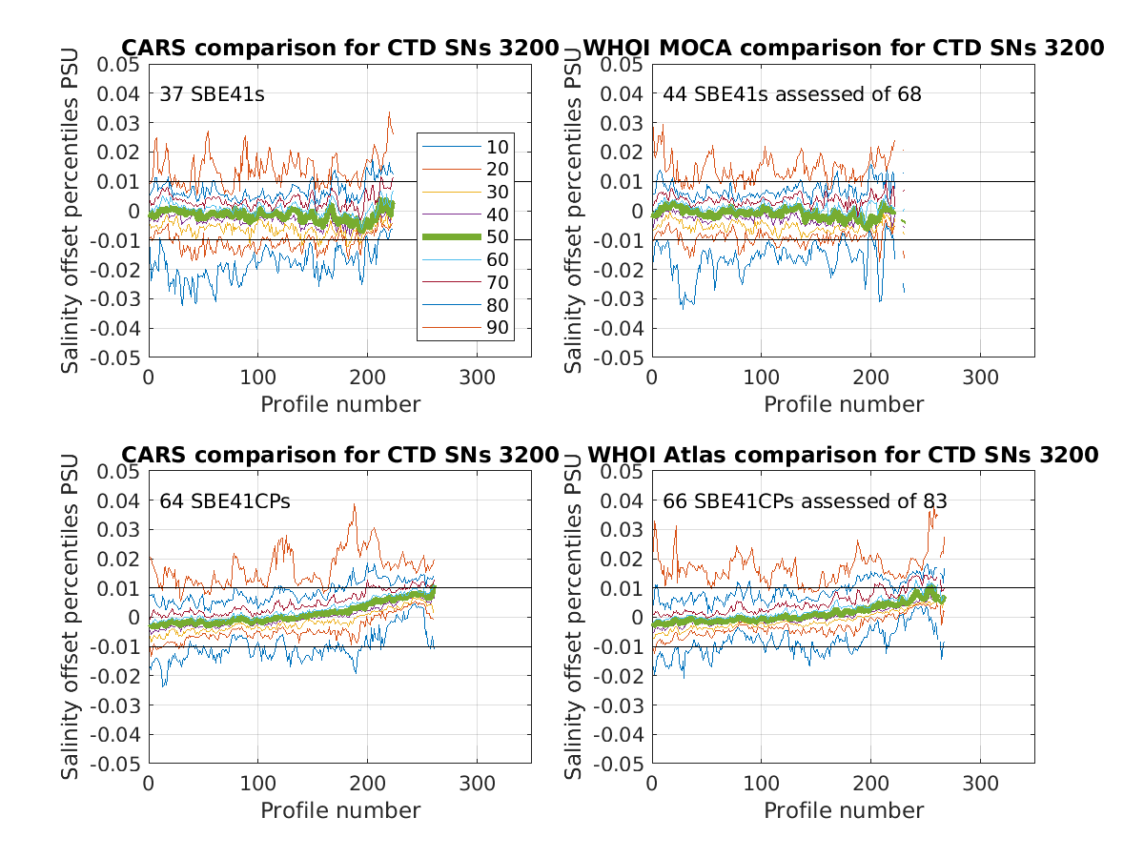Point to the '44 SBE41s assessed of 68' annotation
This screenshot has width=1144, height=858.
click(x=792, y=93)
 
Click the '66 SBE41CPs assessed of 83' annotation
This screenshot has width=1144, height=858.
click(x=806, y=500)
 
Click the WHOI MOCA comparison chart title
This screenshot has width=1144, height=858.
click(x=843, y=48)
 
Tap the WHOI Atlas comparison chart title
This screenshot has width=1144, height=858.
click(x=843, y=455)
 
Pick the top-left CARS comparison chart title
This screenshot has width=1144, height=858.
click(x=339, y=48)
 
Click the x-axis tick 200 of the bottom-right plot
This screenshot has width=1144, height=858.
click(x=870, y=784)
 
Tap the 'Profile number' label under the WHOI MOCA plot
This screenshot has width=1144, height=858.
click(x=843, y=404)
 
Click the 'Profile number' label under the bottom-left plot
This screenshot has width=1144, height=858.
click(x=339, y=810)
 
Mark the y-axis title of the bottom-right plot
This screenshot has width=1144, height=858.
click(x=574, y=617)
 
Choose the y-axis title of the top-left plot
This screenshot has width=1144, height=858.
click(x=71, y=211)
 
